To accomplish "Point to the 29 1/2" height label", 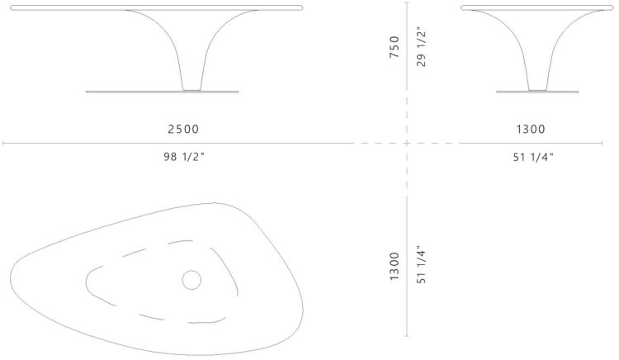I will [421, 49].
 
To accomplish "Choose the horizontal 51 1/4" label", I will [532, 157].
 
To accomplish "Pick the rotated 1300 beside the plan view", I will [395, 267].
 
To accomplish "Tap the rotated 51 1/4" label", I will [421, 265].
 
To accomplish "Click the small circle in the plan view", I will [191, 281].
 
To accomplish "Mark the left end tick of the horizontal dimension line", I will [3, 144].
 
